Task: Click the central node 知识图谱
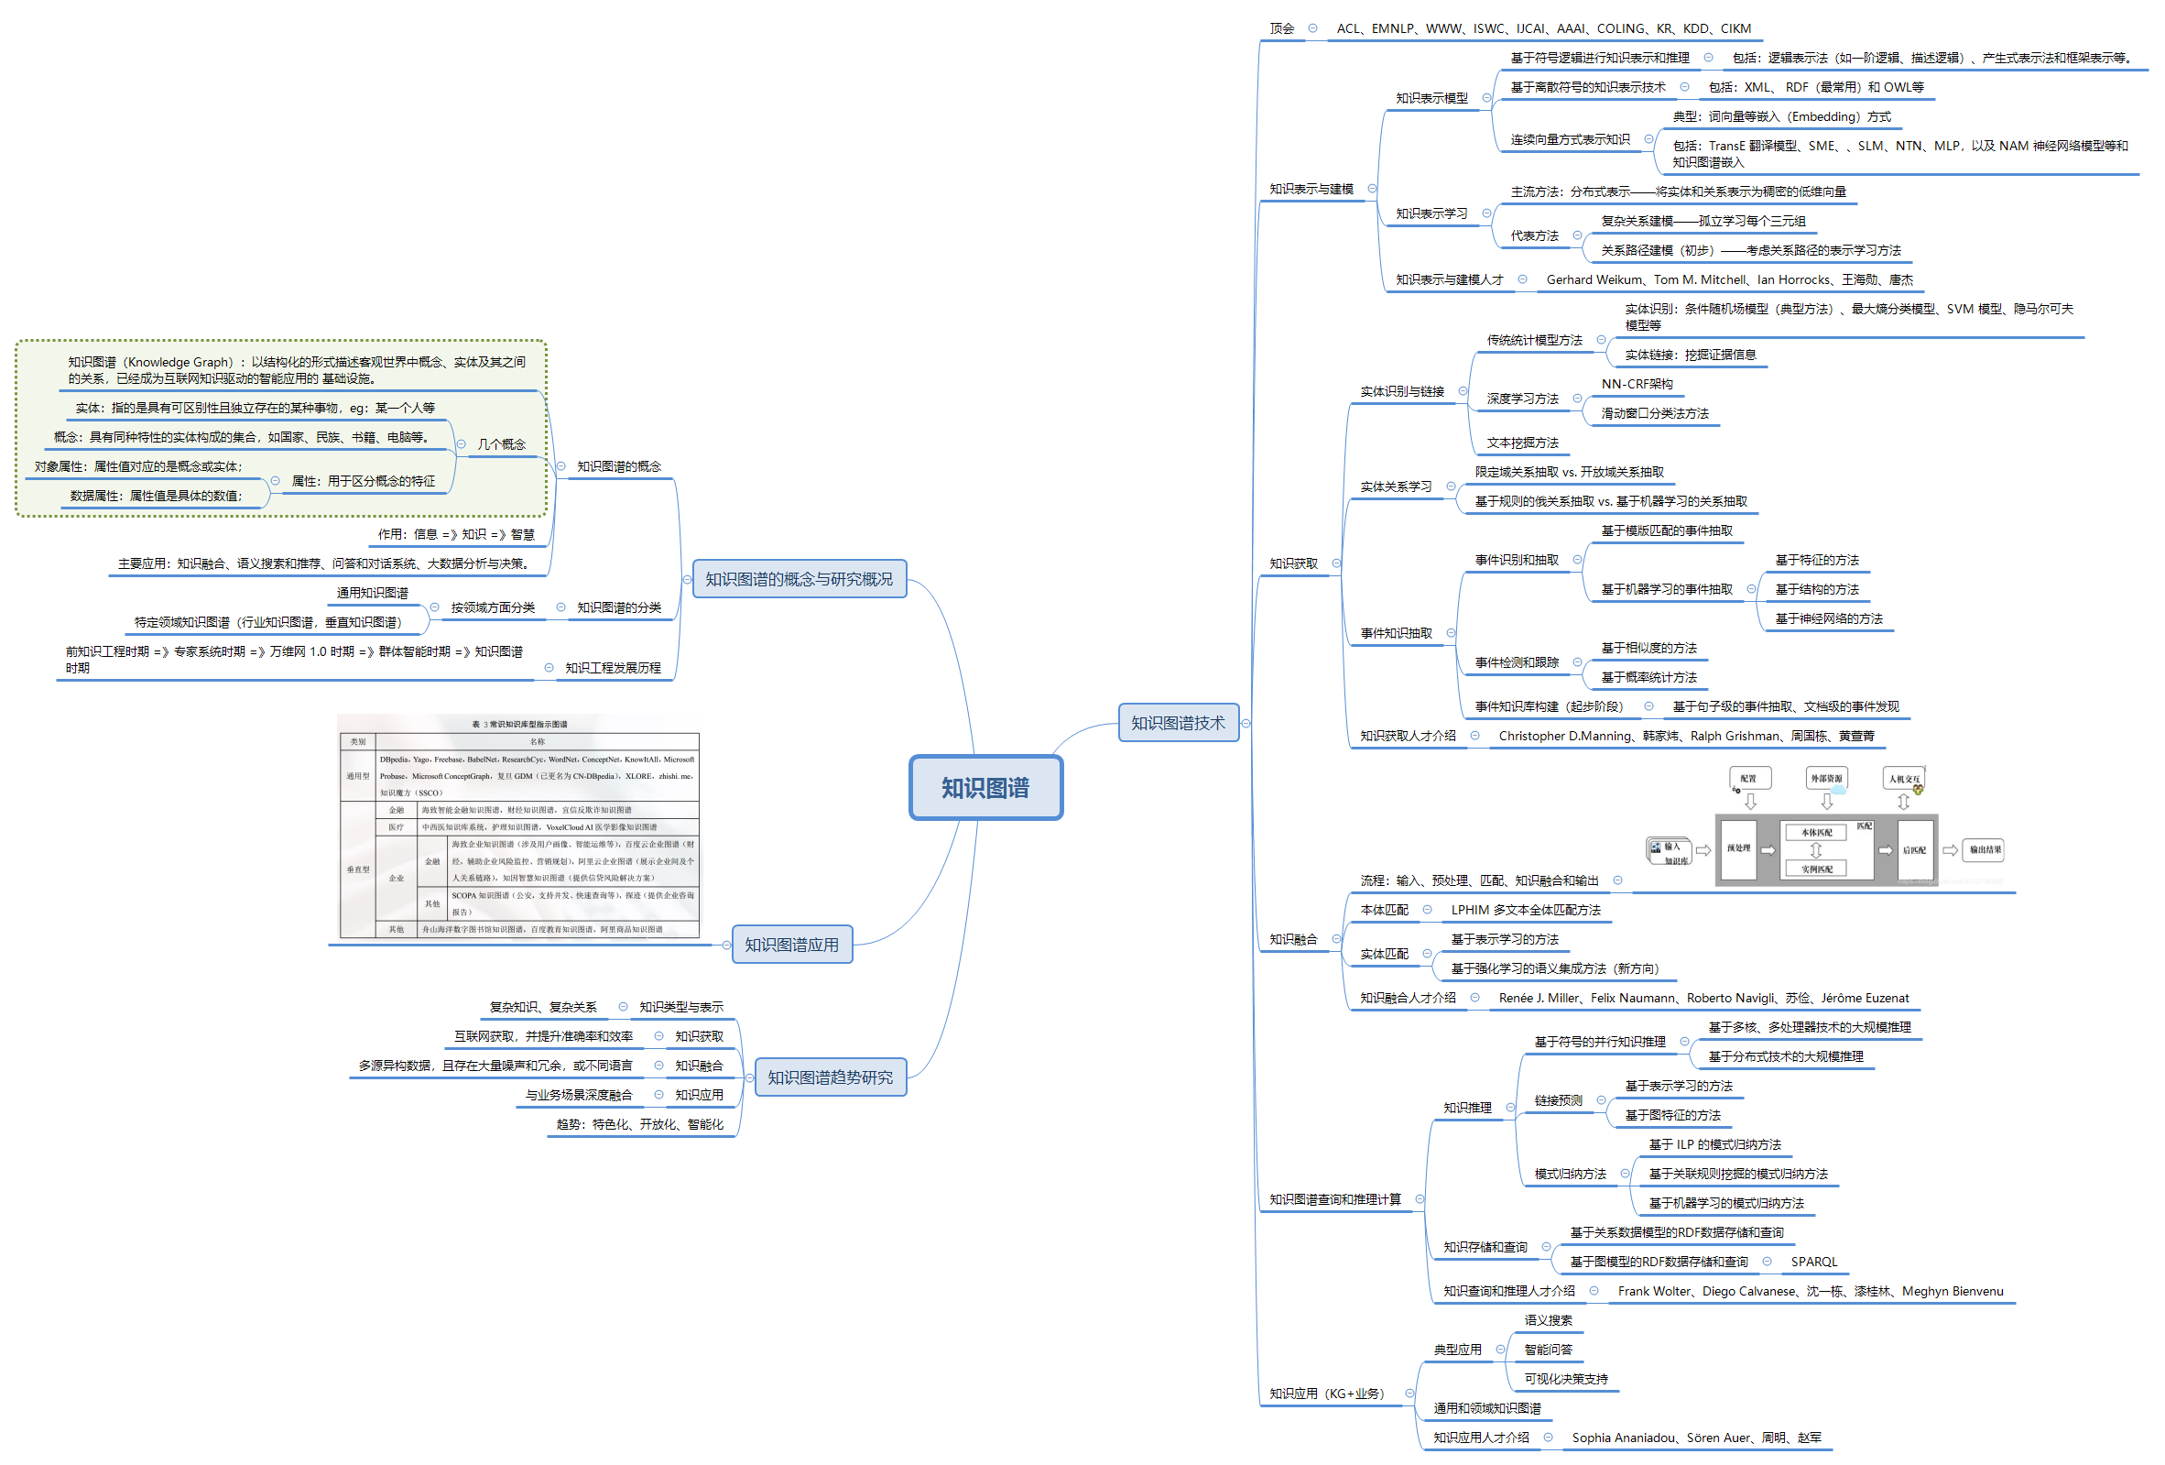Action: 985,788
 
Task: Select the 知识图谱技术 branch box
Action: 1178,722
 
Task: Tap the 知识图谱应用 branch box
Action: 791,944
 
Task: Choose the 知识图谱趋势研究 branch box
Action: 829,1077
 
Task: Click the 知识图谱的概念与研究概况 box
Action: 799,579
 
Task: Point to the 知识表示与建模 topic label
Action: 1311,189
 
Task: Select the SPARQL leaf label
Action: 1814,1261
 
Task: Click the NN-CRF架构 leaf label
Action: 1637,384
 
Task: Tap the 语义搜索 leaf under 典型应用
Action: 1548,1319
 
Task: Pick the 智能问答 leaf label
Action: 1548,1349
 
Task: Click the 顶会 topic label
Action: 1281,28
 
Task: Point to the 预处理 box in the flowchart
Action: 1737,848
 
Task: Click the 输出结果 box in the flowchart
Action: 1985,849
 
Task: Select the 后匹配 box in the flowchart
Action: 1913,849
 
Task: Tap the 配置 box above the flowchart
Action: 1747,778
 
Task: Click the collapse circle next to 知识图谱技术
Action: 1246,723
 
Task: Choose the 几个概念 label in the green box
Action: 501,444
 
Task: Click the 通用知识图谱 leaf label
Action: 372,593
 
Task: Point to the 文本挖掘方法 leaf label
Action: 1522,443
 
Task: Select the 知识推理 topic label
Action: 1467,1107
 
